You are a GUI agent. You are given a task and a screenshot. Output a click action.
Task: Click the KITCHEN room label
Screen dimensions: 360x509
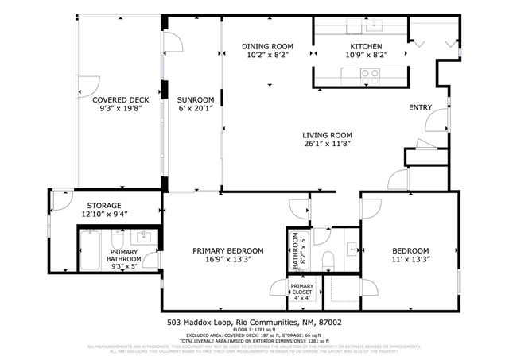(x=365, y=47)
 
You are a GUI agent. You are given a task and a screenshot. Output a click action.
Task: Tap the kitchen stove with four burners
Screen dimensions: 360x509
(x=369, y=75)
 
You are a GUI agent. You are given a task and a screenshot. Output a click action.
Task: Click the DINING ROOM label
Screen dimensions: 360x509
(x=267, y=47)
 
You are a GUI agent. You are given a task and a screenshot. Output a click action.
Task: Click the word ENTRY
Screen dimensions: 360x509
(x=420, y=107)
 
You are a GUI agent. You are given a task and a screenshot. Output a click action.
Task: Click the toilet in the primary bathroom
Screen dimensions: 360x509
(x=116, y=238)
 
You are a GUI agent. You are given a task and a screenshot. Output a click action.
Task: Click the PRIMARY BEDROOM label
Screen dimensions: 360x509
(x=228, y=251)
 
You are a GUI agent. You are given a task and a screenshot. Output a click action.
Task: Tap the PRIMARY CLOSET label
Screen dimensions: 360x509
(x=301, y=289)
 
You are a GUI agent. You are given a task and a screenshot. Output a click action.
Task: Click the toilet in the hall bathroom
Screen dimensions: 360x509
(x=327, y=258)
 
